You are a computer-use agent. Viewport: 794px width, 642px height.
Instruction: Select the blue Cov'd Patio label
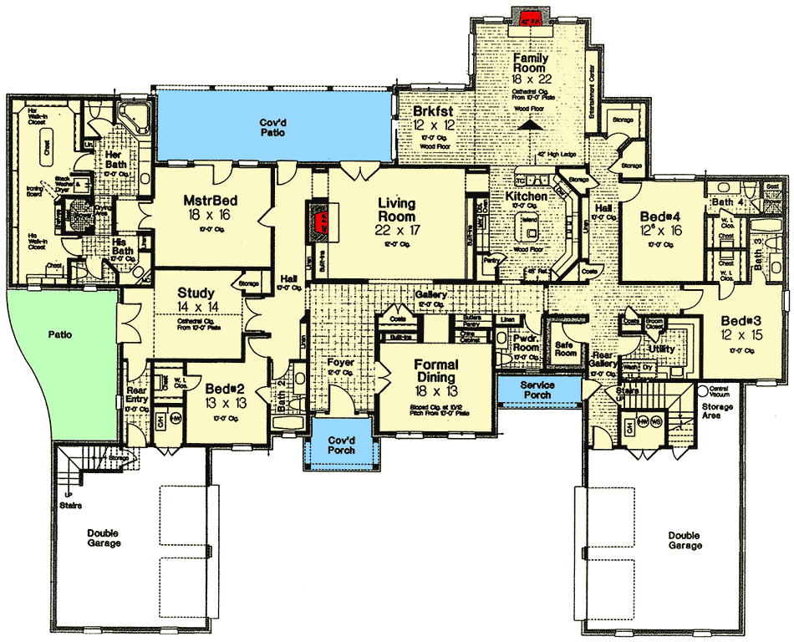tap(275, 126)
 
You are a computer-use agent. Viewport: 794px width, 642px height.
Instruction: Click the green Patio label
tap(59, 334)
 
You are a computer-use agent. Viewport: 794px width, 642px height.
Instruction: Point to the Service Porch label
tap(538, 390)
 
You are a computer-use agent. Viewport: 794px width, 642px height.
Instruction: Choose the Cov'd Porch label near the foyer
tap(340, 445)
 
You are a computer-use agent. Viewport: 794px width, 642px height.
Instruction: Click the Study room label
tap(196, 293)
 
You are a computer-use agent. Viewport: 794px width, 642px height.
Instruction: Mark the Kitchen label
tap(527, 196)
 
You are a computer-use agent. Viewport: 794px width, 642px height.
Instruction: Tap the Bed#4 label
tap(660, 216)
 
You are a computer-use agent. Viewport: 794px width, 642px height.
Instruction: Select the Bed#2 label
tap(225, 390)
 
